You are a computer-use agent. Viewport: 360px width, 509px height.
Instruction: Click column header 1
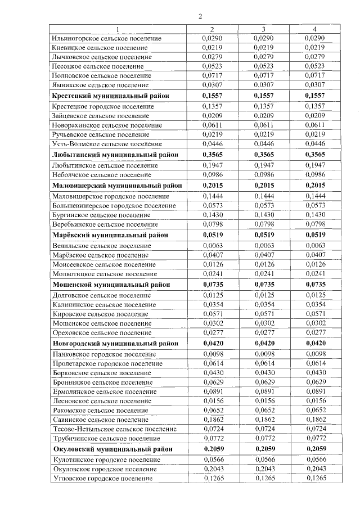click(118, 29)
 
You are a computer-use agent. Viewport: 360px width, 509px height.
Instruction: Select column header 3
click(263, 29)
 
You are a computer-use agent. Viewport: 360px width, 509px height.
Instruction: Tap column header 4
click(315, 29)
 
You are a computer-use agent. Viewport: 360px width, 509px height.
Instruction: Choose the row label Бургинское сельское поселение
click(99, 215)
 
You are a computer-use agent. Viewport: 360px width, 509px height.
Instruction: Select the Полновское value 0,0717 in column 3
click(263, 75)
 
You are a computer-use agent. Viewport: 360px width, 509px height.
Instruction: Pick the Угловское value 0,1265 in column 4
click(315, 479)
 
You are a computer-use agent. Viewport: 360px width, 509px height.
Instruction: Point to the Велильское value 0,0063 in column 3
click(263, 246)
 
